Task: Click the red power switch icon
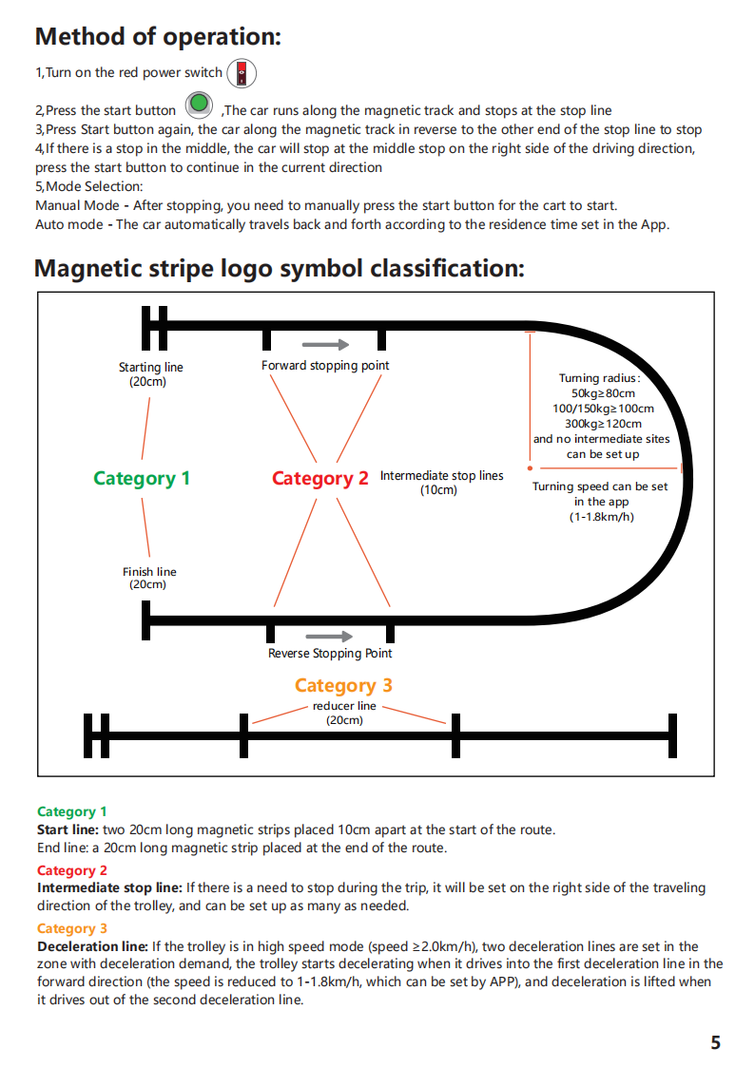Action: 242,73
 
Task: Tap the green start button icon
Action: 200,105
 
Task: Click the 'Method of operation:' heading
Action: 158,37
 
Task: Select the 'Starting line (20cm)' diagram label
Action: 150,374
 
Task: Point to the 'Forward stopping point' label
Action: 325,366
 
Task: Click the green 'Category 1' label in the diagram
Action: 142,478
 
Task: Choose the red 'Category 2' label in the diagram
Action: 320,478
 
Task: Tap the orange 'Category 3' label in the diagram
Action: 344,685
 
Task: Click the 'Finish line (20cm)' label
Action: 149,578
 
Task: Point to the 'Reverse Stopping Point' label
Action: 330,654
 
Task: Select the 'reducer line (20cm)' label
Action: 344,713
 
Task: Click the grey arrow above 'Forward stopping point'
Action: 326,345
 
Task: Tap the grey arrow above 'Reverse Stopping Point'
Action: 330,637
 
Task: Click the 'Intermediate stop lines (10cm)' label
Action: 442,483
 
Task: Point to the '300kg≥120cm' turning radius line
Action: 603,423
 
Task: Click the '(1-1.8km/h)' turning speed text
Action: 602,517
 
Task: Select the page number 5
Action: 715,1042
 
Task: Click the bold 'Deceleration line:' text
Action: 92,946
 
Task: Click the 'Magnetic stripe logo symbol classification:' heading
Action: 280,269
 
